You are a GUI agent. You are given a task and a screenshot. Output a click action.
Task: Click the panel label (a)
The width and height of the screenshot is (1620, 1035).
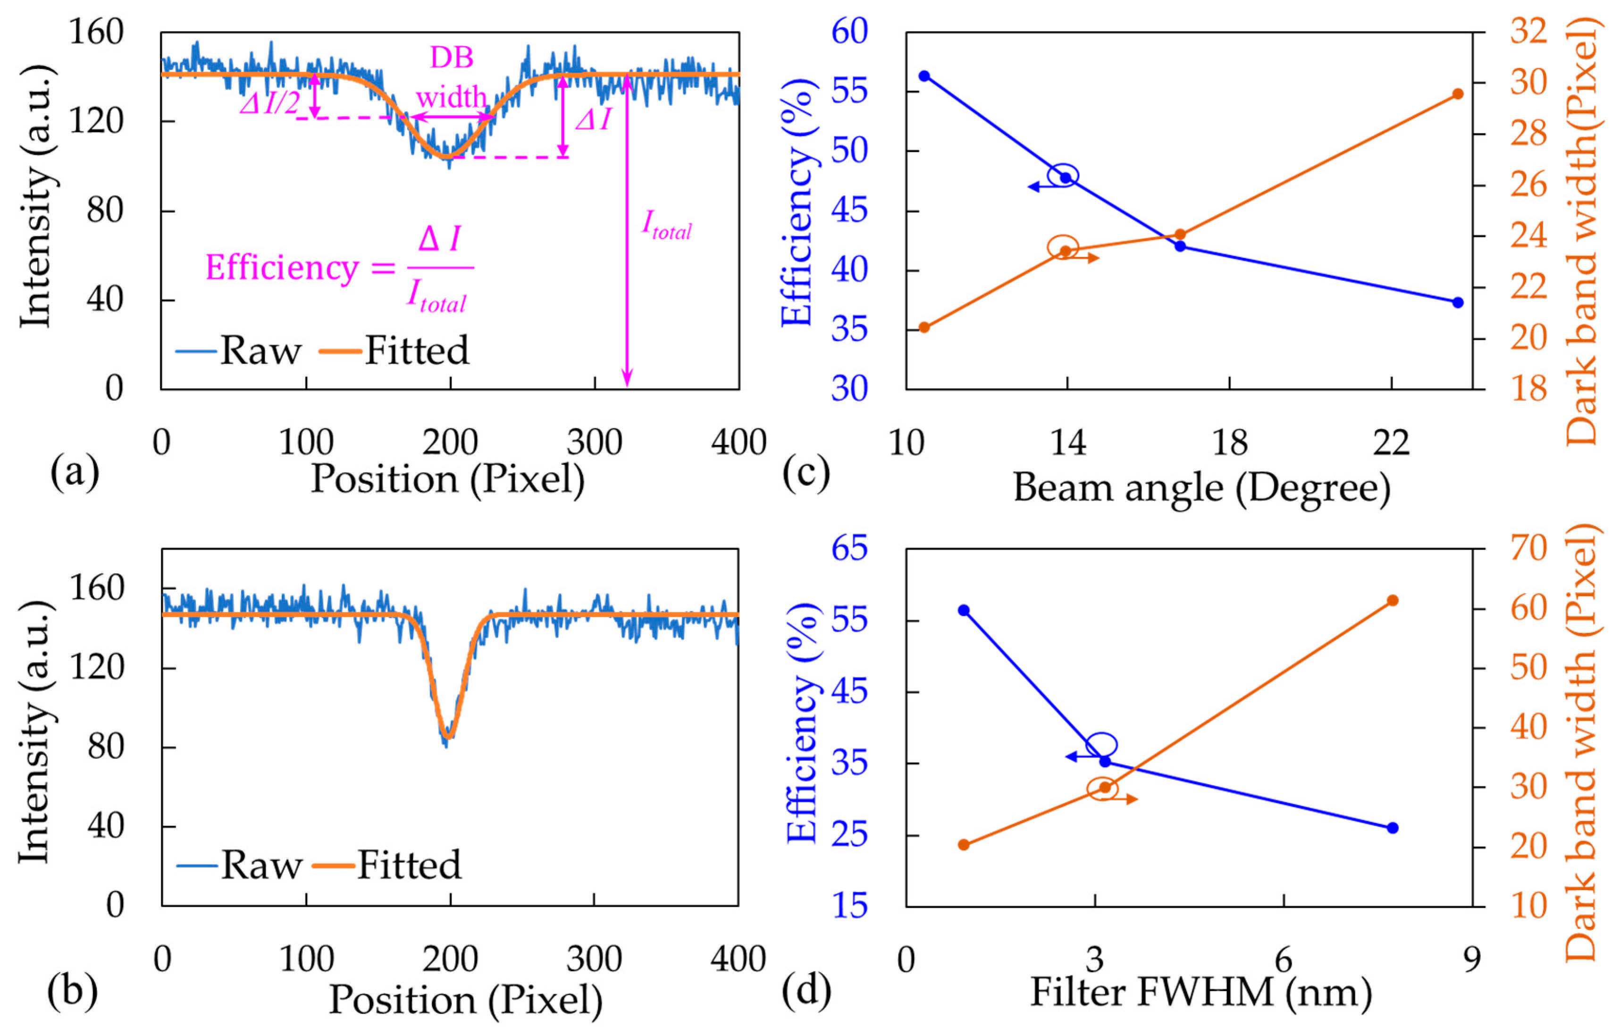coord(74,472)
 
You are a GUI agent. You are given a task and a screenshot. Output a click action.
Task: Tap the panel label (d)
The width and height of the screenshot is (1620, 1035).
coord(806,990)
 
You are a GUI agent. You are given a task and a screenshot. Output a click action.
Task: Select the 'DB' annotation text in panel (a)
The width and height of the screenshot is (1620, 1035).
coord(452,58)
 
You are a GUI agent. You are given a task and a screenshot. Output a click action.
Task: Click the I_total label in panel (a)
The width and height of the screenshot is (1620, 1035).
coord(666,224)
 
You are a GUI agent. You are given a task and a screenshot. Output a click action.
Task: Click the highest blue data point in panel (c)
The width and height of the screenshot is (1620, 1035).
coord(924,76)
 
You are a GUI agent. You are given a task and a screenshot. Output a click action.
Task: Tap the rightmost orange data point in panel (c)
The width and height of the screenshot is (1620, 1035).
coord(1457,94)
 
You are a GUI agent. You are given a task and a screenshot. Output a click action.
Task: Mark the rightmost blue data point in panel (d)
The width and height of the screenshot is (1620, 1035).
coord(1393,828)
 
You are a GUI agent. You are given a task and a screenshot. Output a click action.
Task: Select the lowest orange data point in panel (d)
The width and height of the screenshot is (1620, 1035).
coord(964,844)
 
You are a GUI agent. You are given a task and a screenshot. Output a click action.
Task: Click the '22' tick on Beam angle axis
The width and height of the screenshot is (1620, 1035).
coord(1391,443)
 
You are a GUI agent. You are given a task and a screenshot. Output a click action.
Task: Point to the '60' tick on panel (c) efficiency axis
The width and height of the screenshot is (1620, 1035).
coord(850,32)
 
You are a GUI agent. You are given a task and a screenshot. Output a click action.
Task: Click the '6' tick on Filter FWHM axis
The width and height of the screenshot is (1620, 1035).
coord(1284,959)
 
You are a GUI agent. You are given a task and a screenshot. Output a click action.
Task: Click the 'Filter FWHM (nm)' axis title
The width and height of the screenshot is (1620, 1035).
coord(1201,991)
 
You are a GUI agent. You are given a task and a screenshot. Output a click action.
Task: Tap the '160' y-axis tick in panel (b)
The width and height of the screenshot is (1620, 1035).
coord(97,589)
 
